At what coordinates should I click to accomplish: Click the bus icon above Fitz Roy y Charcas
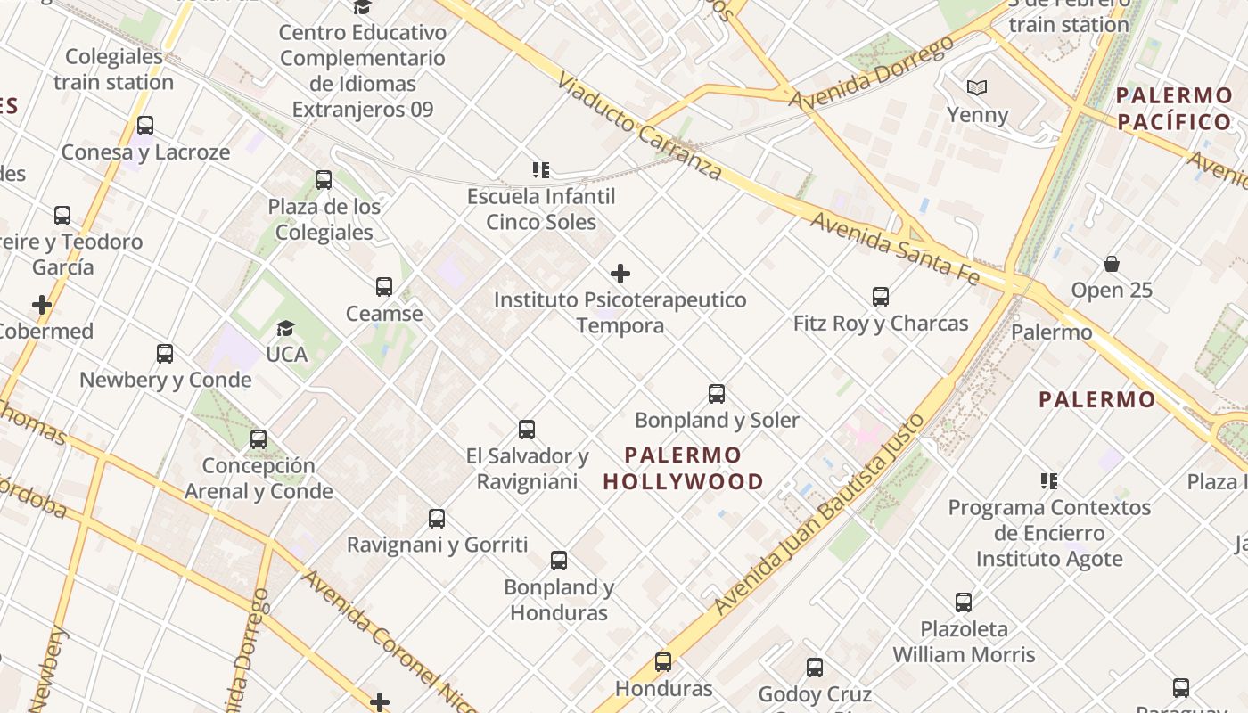[x=881, y=297]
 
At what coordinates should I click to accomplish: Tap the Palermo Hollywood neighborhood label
[x=683, y=469]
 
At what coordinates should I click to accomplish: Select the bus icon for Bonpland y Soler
[x=717, y=394]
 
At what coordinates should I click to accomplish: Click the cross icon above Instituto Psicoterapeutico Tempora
[x=620, y=274]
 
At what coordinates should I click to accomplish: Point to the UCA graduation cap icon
[x=285, y=329]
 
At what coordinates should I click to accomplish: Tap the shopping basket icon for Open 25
[x=1112, y=264]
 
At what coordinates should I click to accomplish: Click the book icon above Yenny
[x=977, y=88]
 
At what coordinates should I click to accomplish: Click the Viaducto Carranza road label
[x=639, y=127]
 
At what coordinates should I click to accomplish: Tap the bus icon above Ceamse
[x=384, y=287]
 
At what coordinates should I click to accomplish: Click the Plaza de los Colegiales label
[x=324, y=219]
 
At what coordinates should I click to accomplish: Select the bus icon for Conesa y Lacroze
[x=145, y=126]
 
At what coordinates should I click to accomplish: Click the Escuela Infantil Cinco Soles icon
[x=540, y=169]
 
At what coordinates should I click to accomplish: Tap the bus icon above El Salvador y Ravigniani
[x=527, y=430]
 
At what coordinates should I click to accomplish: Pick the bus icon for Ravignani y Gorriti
[x=437, y=519]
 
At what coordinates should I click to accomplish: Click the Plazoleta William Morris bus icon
[x=964, y=602]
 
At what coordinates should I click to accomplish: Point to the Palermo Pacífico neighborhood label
[x=1174, y=109]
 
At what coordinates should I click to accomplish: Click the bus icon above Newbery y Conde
[x=165, y=354]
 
